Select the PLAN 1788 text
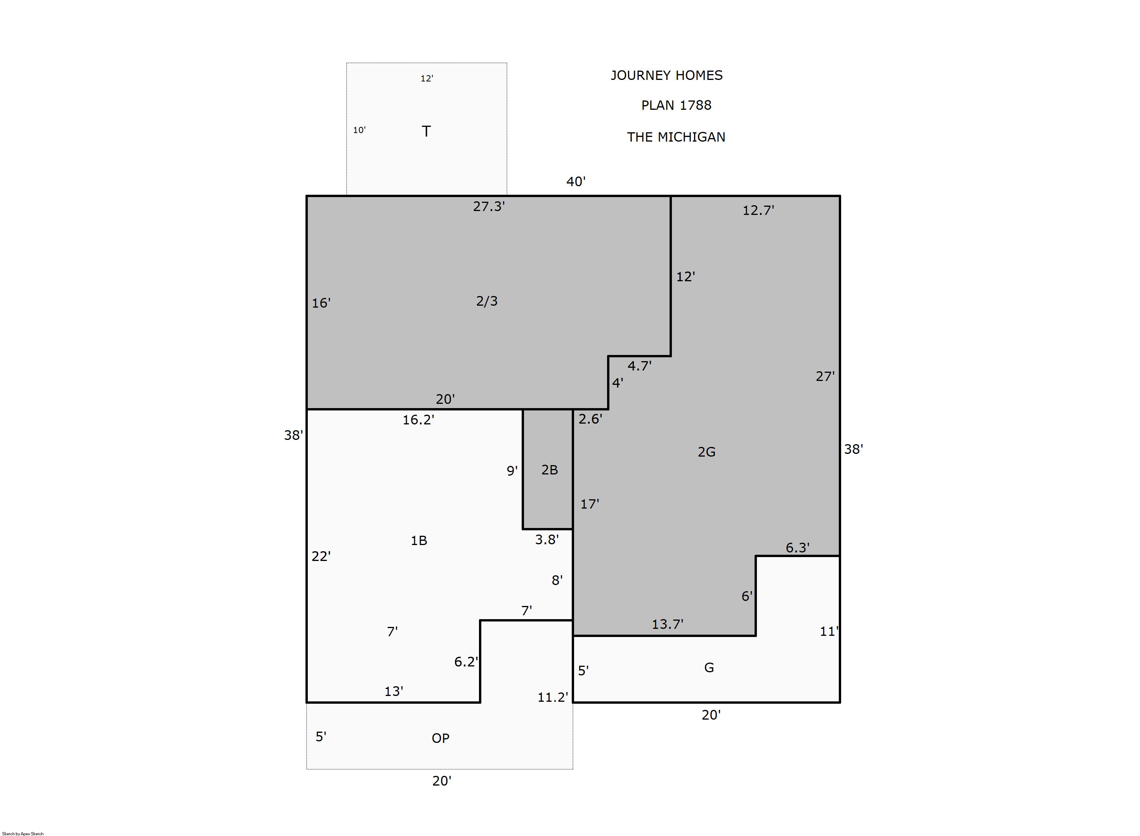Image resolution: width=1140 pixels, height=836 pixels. point(676,105)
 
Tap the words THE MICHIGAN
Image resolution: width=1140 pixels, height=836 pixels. point(676,137)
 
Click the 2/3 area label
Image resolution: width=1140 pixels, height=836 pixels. point(487,301)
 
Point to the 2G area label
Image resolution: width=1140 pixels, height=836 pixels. point(707,452)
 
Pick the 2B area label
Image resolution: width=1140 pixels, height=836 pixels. point(550,470)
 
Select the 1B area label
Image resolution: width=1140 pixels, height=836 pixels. point(419,541)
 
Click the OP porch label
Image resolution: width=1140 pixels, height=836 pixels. point(441,738)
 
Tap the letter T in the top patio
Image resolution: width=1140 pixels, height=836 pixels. point(426,132)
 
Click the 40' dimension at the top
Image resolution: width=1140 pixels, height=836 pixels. point(576,182)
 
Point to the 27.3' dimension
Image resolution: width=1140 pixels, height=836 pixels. point(489,206)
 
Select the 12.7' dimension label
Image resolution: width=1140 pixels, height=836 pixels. point(758,211)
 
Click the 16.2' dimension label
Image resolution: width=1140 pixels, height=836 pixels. point(418,420)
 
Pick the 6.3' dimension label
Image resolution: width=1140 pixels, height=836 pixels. point(797,547)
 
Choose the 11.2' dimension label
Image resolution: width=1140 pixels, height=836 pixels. point(553,698)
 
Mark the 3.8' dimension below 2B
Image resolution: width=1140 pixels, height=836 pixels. point(547,540)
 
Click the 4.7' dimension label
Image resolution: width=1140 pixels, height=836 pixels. point(639,365)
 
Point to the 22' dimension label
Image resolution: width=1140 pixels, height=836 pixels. point(321,557)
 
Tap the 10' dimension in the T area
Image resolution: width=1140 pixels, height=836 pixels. point(359,130)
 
